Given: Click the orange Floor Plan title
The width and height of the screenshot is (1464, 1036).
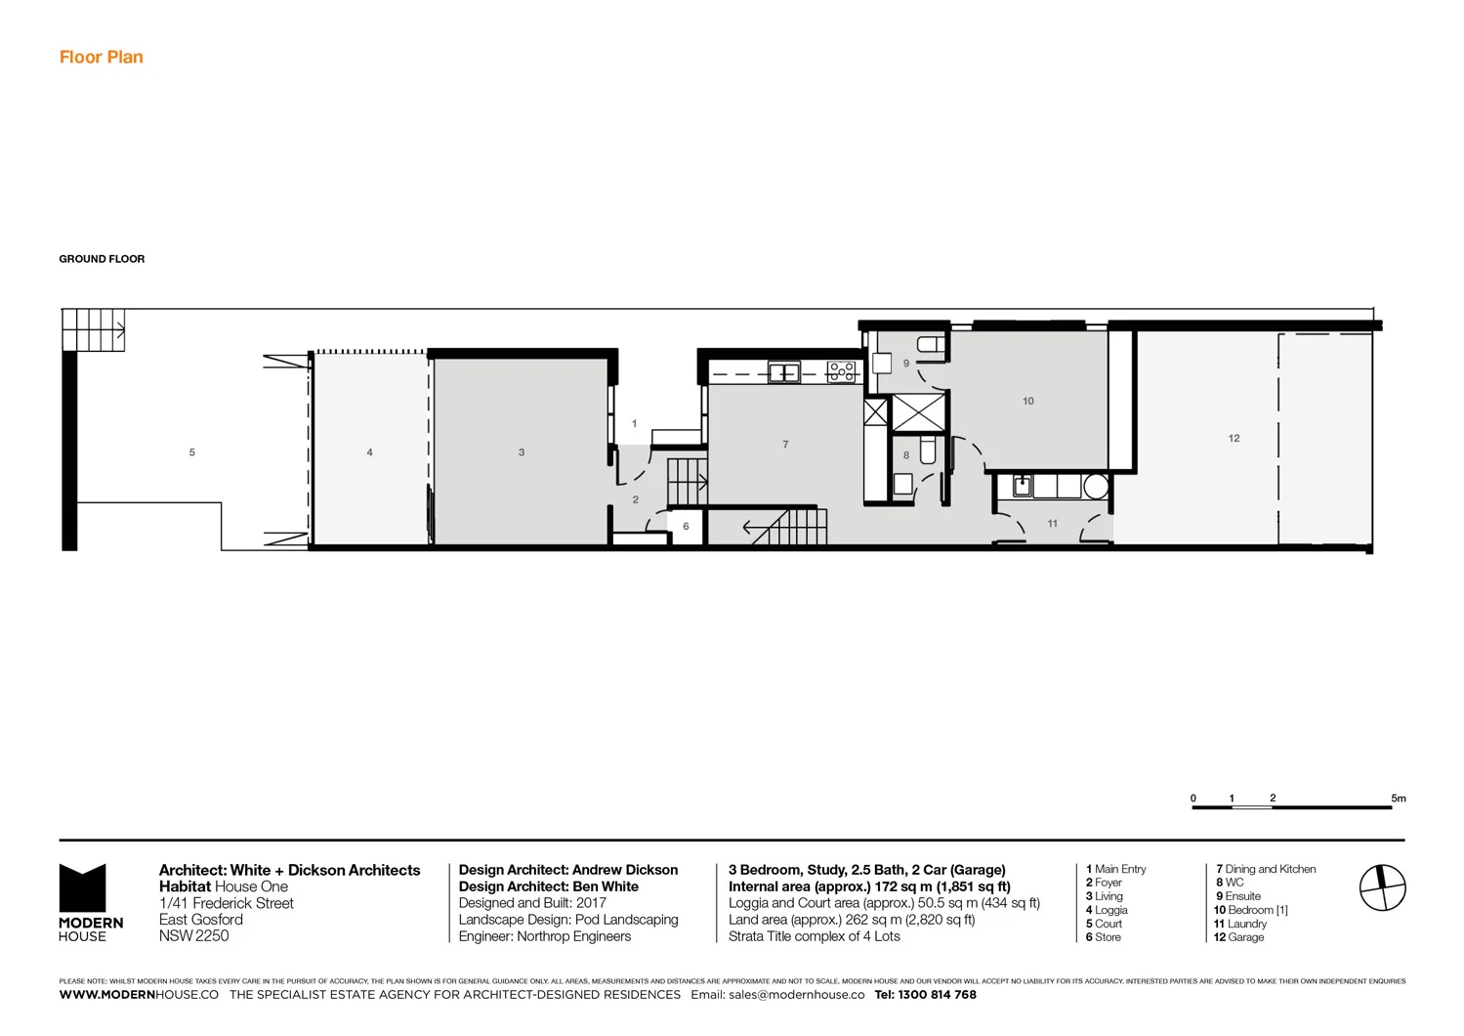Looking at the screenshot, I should tap(101, 57).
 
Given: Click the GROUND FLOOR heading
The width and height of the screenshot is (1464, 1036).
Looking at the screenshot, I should tap(102, 259).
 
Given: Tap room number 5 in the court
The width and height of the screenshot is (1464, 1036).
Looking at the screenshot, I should tap(192, 453).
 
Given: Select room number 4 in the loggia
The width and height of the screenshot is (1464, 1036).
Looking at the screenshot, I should tap(369, 453).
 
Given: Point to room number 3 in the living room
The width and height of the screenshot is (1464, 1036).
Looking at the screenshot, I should tap(522, 453).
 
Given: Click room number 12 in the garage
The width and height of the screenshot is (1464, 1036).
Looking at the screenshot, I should tap(1234, 439).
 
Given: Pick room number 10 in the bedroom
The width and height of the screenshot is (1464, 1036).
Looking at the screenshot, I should tap(1027, 401).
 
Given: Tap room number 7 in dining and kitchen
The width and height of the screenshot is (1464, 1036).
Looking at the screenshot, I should tap(785, 445).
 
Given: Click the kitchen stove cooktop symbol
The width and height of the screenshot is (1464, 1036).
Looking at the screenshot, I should tap(841, 371).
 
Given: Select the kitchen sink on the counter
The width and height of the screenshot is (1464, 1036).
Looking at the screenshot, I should tap(783, 372).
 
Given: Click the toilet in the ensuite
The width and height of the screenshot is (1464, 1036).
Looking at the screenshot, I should tap(931, 344).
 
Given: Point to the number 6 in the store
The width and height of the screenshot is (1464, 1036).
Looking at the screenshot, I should tap(686, 527).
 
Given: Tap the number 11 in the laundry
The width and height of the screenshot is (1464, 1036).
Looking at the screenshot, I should tap(1052, 524).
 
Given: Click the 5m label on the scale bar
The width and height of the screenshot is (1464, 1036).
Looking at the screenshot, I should tap(1399, 799).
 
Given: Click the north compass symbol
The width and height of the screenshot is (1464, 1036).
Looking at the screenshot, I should tap(1382, 888).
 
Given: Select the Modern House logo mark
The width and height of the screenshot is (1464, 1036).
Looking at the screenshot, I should tap(83, 888).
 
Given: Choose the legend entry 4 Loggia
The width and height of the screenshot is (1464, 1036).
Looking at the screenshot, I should tap(1107, 910).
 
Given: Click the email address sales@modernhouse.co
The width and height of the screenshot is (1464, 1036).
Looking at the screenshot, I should tap(796, 995).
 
